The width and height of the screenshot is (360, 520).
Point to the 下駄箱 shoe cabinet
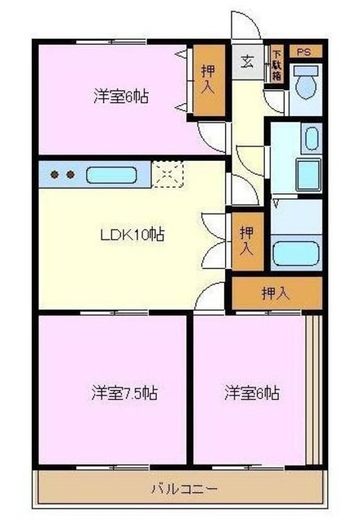click(276, 63)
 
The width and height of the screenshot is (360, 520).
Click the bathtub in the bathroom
click(296, 253)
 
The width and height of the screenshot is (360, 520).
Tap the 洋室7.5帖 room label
click(124, 395)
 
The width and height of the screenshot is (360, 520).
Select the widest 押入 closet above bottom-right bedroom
click(276, 293)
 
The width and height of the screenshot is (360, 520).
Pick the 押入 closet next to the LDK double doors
click(245, 241)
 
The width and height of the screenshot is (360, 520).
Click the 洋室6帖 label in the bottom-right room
click(253, 395)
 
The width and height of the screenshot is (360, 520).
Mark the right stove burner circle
click(71, 175)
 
